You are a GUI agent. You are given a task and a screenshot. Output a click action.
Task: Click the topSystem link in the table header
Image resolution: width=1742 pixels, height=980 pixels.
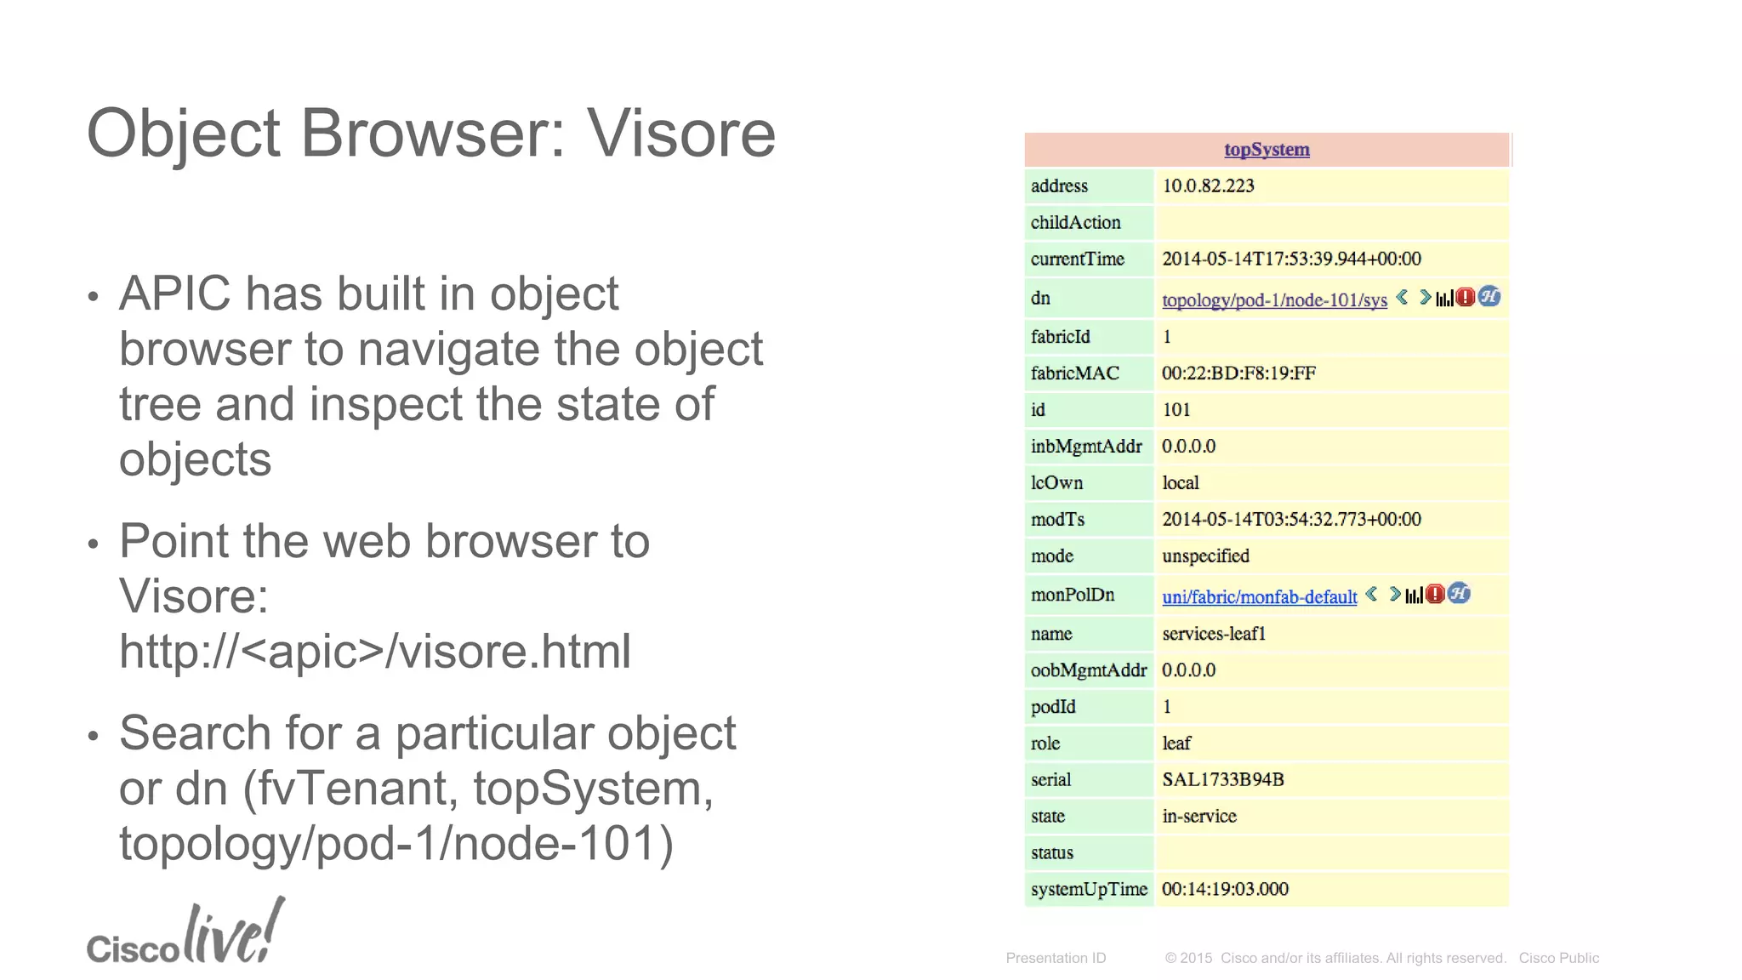pyautogui.click(x=1267, y=150)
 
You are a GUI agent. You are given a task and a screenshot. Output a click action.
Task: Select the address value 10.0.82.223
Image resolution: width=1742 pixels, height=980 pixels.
pyautogui.click(x=1208, y=186)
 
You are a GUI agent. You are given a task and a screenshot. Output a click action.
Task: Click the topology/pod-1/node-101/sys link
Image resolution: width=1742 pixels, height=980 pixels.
pyautogui.click(x=1274, y=300)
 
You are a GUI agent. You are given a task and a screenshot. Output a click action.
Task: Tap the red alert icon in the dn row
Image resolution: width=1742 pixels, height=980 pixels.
pyautogui.click(x=1465, y=297)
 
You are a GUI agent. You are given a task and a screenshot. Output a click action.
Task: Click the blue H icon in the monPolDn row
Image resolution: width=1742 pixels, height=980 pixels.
pyautogui.click(x=1459, y=594)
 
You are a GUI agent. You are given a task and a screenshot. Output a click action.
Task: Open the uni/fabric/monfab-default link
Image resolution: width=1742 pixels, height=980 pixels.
pyautogui.click(x=1259, y=597)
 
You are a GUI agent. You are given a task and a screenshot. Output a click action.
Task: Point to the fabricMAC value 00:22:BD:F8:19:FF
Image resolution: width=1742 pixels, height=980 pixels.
pyautogui.click(x=1238, y=373)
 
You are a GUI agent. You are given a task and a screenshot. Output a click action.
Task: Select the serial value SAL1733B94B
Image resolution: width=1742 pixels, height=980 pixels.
pyautogui.click(x=1222, y=780)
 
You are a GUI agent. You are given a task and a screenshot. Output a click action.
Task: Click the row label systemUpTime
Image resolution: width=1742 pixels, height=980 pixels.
pyautogui.click(x=1089, y=890)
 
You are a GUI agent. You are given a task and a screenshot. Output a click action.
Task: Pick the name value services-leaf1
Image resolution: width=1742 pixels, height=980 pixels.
pyautogui.click(x=1214, y=634)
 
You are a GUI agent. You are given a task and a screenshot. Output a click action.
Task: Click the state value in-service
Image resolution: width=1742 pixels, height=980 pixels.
pyautogui.click(x=1198, y=817)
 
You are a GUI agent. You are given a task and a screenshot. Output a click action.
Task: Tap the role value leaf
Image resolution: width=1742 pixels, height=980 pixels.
pyautogui.click(x=1176, y=744)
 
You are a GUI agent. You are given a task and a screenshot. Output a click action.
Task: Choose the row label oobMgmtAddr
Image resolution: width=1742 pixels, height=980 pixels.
pyautogui.click(x=1089, y=670)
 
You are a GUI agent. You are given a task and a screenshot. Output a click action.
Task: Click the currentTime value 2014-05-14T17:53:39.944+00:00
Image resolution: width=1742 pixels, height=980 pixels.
pyautogui.click(x=1291, y=259)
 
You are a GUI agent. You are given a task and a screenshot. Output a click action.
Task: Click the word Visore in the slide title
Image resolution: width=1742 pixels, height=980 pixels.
pyautogui.click(x=680, y=134)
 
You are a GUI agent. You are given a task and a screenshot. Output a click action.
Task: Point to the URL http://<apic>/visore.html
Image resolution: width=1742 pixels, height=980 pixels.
pyautogui.click(x=374, y=652)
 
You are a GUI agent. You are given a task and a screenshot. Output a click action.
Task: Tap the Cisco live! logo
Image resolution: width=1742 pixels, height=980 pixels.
pyautogui.click(x=185, y=934)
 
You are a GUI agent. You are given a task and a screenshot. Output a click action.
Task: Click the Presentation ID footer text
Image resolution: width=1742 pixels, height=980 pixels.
pyautogui.click(x=1056, y=958)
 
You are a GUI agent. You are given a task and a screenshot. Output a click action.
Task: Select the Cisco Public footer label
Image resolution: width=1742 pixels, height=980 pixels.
pyautogui.click(x=1558, y=958)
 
